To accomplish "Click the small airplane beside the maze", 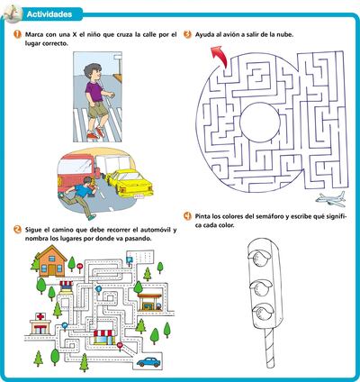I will [332, 197].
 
